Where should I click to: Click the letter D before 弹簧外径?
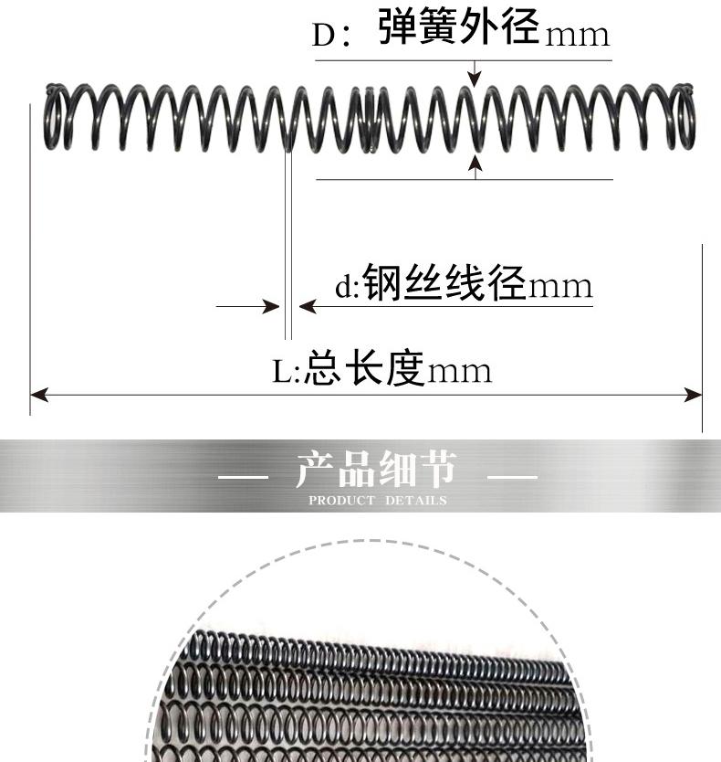click(x=324, y=35)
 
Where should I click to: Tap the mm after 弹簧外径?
click(x=577, y=36)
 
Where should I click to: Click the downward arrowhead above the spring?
click(x=474, y=79)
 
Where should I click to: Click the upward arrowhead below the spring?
click(x=474, y=162)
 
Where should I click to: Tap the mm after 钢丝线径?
click(x=561, y=288)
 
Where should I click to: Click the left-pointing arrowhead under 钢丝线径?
click(x=307, y=306)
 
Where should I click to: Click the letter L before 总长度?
click(x=283, y=372)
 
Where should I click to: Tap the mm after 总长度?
click(x=461, y=372)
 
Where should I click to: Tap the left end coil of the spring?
click(x=54, y=117)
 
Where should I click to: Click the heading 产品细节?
click(x=375, y=471)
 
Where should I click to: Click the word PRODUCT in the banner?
click(x=341, y=501)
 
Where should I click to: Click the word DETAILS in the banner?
click(x=415, y=501)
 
